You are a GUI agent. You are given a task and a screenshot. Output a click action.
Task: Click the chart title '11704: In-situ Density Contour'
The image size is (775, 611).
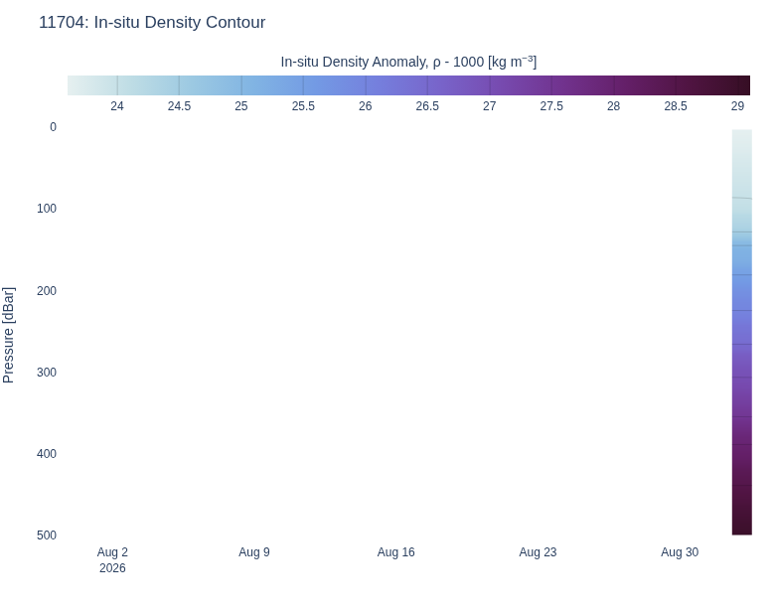(x=152, y=22)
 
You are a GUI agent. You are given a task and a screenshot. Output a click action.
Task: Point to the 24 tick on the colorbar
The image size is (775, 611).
(x=117, y=106)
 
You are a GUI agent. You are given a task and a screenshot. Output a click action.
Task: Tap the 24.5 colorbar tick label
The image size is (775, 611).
(x=179, y=106)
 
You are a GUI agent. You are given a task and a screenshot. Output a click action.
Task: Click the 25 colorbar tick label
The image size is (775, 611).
(x=241, y=106)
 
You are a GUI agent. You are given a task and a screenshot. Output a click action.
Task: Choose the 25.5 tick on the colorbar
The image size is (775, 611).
(x=303, y=106)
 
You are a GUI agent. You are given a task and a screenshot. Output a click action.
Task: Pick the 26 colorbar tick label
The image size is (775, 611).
(x=366, y=106)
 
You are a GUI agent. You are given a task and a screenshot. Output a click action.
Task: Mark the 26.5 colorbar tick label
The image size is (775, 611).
(x=427, y=106)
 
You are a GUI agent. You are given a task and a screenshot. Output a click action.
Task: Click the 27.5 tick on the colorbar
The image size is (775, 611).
(x=551, y=106)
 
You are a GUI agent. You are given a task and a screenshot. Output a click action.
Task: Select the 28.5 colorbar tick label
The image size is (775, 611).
(x=676, y=106)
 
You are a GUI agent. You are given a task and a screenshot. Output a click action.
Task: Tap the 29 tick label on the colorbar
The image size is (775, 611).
(x=737, y=106)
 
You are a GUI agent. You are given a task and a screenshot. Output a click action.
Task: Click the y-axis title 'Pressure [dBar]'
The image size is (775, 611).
(x=8, y=335)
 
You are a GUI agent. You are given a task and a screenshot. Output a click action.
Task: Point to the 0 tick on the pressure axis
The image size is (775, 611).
(x=53, y=127)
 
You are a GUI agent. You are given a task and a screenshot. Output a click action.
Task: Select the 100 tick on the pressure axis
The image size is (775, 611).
(x=47, y=209)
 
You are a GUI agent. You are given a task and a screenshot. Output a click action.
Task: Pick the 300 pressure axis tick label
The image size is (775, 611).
(x=47, y=373)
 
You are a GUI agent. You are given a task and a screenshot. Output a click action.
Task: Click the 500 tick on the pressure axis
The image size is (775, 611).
(x=47, y=535)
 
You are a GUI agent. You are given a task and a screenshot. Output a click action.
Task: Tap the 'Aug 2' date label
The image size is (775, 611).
(x=112, y=552)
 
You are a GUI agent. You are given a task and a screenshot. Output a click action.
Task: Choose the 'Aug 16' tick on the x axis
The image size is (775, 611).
(x=395, y=552)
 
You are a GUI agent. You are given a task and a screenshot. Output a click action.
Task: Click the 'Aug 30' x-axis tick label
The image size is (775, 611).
(x=680, y=552)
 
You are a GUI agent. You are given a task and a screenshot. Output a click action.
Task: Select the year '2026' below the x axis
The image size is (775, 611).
(x=112, y=568)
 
